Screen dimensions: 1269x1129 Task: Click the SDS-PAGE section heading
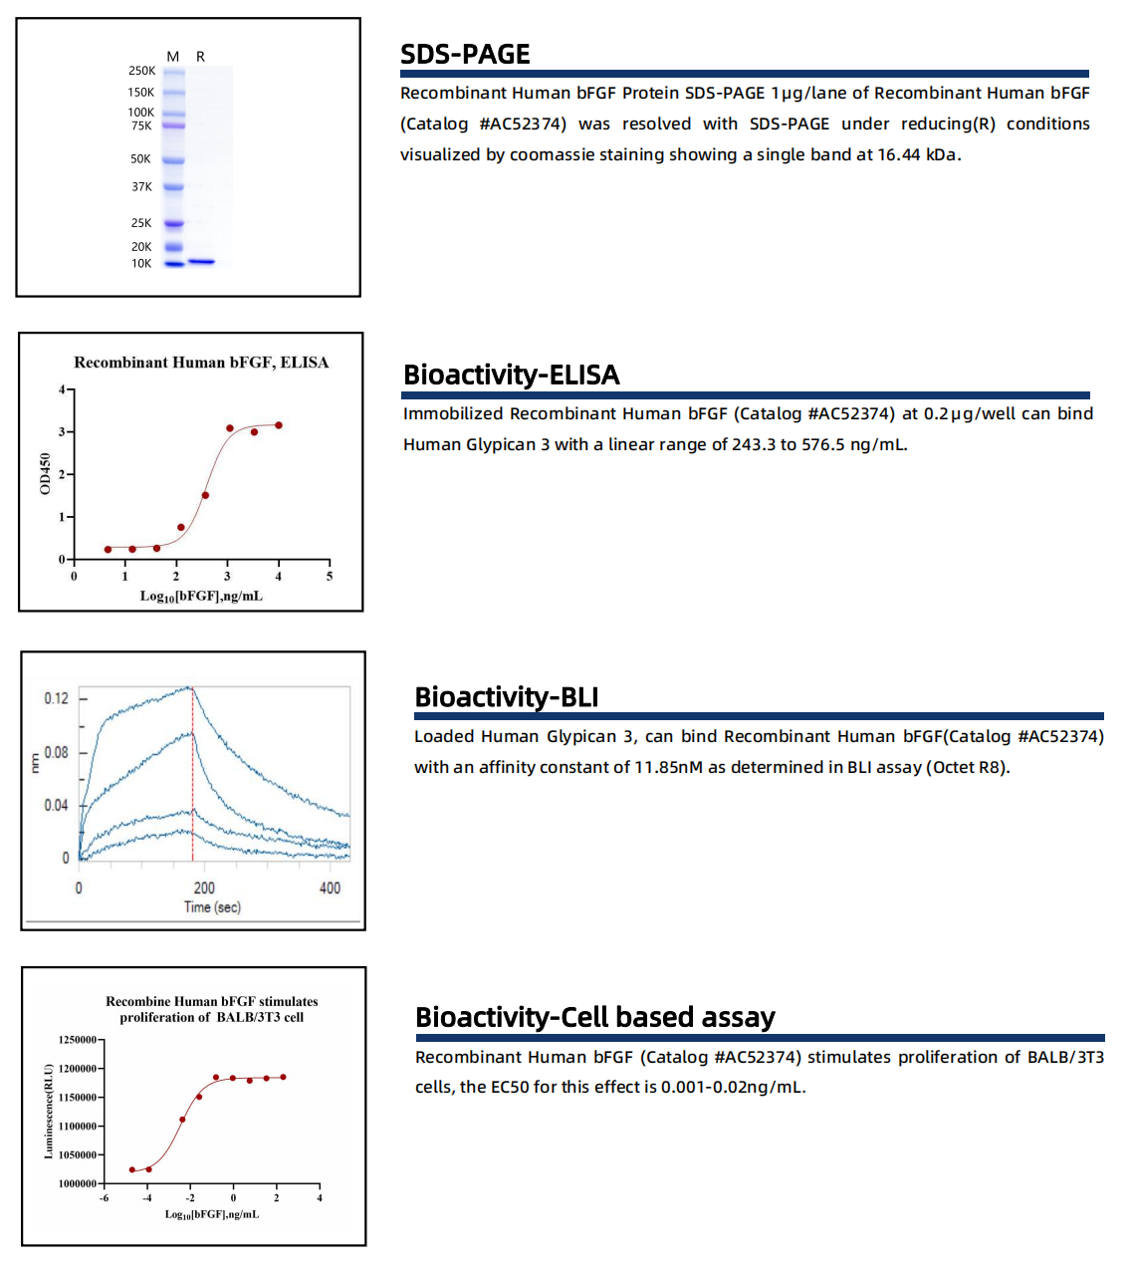(465, 54)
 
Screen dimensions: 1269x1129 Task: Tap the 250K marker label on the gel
(141, 72)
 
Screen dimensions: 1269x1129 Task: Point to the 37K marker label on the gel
(141, 187)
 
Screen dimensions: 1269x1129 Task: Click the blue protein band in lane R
(202, 262)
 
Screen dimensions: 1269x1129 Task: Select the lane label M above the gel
(173, 57)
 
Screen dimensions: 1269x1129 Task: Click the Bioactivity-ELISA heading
(511, 375)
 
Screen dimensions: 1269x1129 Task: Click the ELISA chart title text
(201, 363)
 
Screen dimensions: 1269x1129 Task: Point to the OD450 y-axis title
(45, 473)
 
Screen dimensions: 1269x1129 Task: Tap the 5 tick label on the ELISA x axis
(330, 576)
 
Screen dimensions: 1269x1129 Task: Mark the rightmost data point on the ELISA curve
(279, 425)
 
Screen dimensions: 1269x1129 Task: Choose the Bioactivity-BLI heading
(506, 697)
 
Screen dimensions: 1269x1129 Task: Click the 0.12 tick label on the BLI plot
(57, 698)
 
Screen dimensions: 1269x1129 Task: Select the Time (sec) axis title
(212, 907)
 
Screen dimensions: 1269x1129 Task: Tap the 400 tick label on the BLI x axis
(330, 888)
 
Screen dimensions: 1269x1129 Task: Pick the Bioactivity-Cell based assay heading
(594, 1017)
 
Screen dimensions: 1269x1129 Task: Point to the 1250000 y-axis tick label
(78, 1040)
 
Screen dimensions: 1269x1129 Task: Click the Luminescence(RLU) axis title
(49, 1111)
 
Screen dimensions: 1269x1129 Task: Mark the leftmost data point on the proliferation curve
(132, 1169)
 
